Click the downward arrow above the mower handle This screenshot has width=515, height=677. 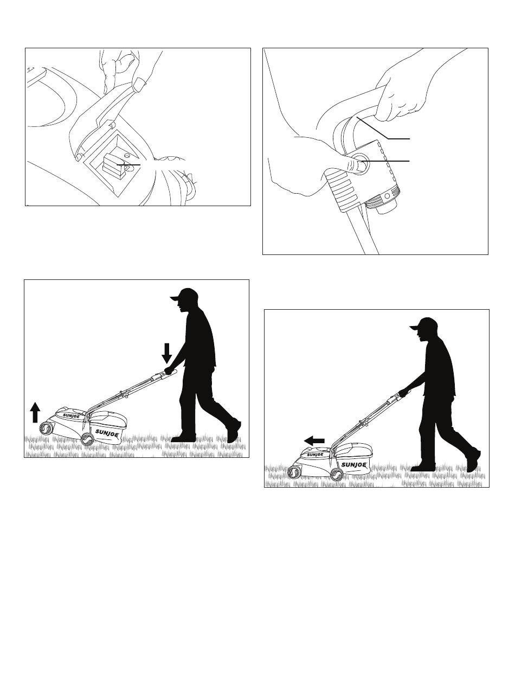pos(167,353)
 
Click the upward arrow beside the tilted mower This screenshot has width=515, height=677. pos(35,412)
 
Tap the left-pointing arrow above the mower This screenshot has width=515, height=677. pos(314,440)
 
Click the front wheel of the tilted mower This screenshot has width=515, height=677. pos(46,429)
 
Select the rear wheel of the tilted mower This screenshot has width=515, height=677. pos(87,438)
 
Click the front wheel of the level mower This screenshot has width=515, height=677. pos(294,472)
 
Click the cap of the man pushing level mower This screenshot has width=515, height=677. pos(424,324)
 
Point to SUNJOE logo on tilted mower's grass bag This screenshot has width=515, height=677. pos(106,432)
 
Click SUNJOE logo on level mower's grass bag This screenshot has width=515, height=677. pos(353,465)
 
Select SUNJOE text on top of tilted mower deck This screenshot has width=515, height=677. pos(71,416)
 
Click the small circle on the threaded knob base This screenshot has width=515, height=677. pos(387,196)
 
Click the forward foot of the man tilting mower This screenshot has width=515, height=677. pos(183,438)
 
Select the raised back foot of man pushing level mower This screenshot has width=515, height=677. pos(473,461)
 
